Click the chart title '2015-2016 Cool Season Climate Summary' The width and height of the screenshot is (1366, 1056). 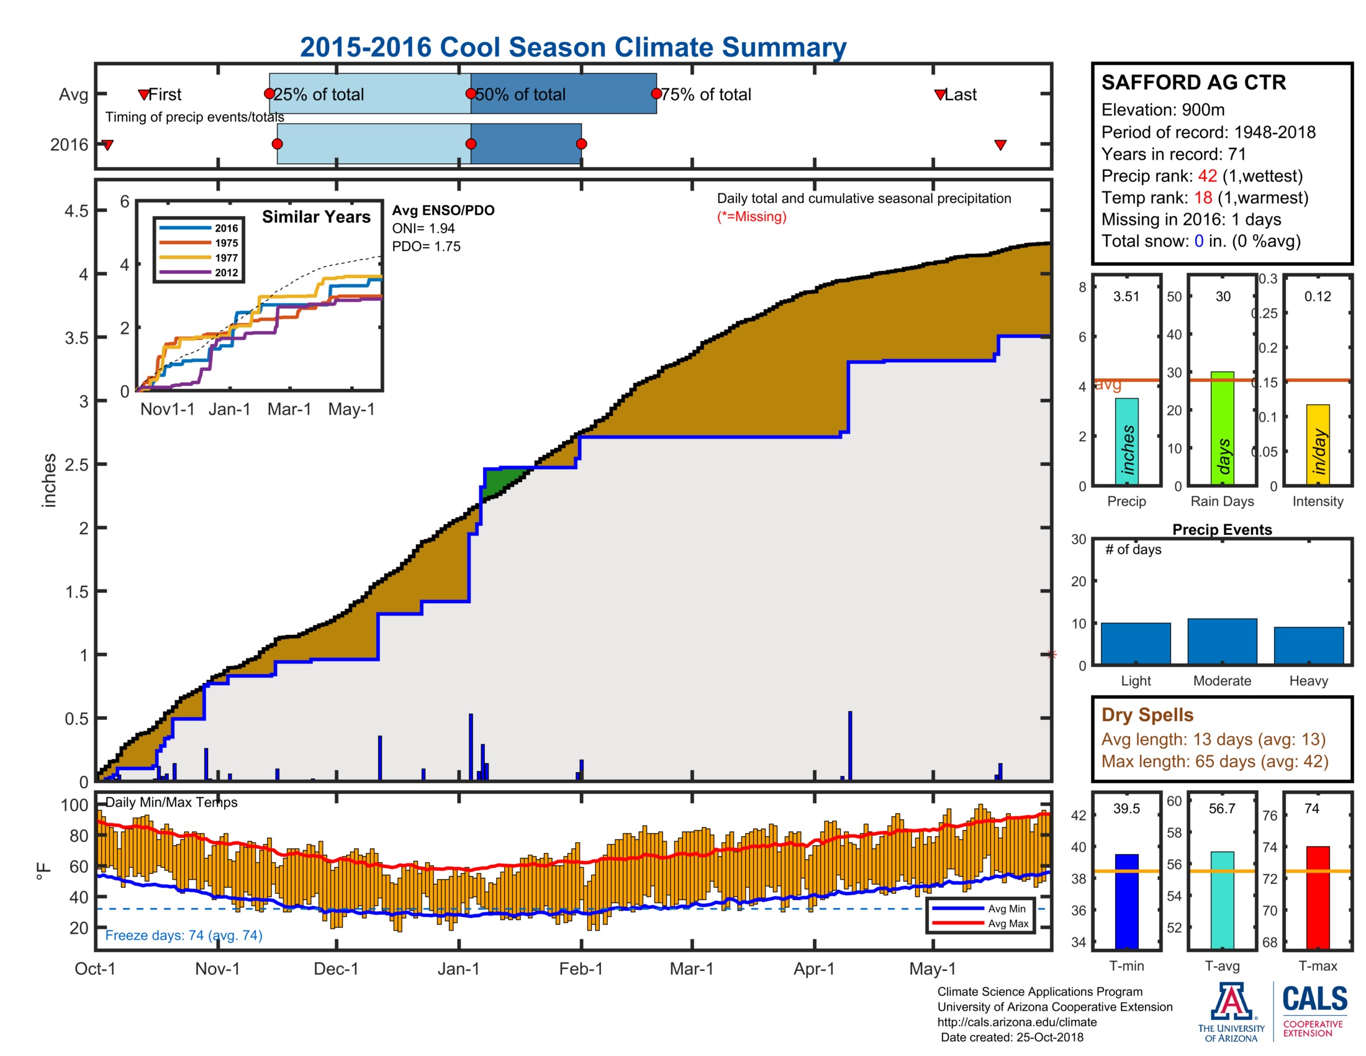coord(572,47)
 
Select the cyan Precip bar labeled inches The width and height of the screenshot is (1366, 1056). coord(1126,441)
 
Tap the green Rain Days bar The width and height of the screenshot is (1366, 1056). coord(1222,428)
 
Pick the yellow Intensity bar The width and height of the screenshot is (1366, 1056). coord(1317,444)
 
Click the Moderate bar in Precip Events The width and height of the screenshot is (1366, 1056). coord(1221,641)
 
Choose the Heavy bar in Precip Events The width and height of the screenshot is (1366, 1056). coord(1308,645)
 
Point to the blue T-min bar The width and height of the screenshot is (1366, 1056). coord(1126,901)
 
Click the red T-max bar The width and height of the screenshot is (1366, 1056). coord(1317,897)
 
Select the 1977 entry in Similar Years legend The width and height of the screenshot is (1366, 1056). coord(226,258)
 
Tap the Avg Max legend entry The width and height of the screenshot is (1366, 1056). coord(1007,923)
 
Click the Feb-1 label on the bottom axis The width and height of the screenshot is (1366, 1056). coord(581,969)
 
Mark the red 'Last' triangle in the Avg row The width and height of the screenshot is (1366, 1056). coord(939,94)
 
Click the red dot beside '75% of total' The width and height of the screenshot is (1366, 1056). coord(656,94)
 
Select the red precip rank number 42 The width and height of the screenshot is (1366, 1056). coord(1206,176)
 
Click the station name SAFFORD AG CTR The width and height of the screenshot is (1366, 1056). coord(1193,83)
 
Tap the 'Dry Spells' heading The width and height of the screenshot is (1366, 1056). coord(1147,714)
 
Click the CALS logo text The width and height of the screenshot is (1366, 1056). coord(1314,998)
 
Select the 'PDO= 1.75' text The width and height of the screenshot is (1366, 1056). coord(426,247)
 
